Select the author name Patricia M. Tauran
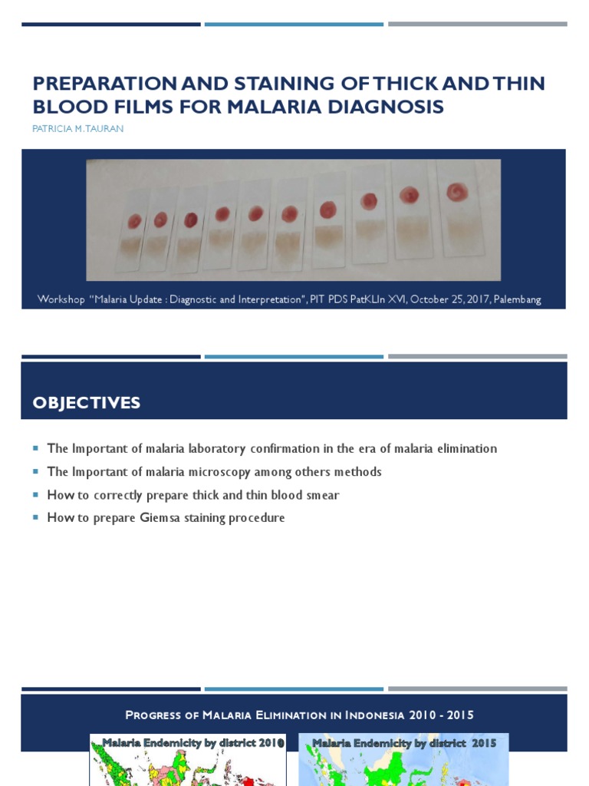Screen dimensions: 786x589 77,129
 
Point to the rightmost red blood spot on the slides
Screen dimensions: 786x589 458,190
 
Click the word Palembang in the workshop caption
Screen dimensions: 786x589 514,299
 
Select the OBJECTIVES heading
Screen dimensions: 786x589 86,403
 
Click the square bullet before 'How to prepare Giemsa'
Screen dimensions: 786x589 35,517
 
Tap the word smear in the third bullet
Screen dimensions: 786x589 322,495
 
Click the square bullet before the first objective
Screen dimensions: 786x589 35,448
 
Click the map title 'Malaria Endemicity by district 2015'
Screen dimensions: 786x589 403,743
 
